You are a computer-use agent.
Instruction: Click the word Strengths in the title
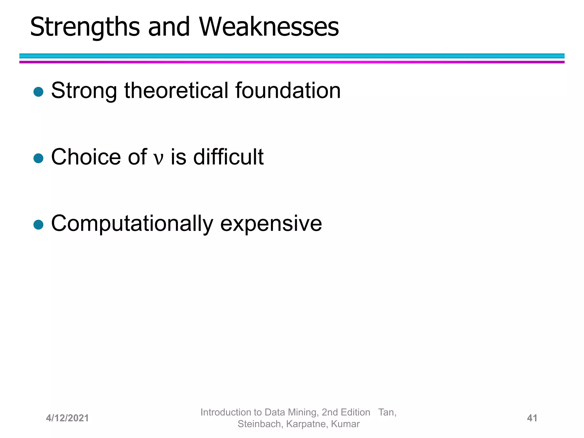point(85,27)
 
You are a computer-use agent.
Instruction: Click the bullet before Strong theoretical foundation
point(38,92)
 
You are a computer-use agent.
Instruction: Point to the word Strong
point(84,91)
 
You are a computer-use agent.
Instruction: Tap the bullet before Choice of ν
point(38,158)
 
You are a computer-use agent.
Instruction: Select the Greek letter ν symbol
point(159,158)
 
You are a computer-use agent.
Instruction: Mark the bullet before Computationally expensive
point(38,225)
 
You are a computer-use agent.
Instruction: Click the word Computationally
point(132,224)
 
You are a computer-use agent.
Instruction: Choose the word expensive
point(271,224)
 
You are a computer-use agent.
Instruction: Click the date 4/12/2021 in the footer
point(67,418)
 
